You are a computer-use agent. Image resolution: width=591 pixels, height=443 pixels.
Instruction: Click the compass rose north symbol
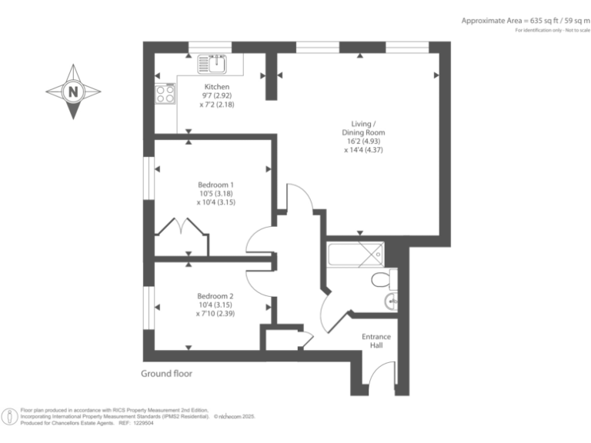pos(74,91)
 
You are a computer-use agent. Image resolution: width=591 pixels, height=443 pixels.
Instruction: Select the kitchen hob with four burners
pos(165,94)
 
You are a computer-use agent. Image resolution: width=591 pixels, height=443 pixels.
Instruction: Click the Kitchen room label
pos(217,87)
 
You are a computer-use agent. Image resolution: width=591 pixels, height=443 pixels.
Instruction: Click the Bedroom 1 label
pos(215,185)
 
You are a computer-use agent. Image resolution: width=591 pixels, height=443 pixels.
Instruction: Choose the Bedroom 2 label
pos(215,296)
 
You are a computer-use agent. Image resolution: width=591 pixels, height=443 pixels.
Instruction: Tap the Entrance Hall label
pos(376,341)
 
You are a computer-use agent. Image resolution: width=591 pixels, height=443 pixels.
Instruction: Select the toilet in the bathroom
pos(382,279)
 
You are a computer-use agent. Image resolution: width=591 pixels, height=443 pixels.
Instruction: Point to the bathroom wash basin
pos(392,301)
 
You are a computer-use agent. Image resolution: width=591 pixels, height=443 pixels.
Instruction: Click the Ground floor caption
pos(166,374)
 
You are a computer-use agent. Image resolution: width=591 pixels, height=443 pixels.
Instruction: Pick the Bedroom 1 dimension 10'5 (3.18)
pos(215,194)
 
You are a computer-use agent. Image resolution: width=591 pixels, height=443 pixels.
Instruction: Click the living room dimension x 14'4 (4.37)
pos(363,150)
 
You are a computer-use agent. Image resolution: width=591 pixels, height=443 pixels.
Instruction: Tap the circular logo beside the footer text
pos(10,416)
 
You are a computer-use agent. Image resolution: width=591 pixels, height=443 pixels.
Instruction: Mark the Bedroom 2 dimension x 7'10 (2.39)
pos(215,313)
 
